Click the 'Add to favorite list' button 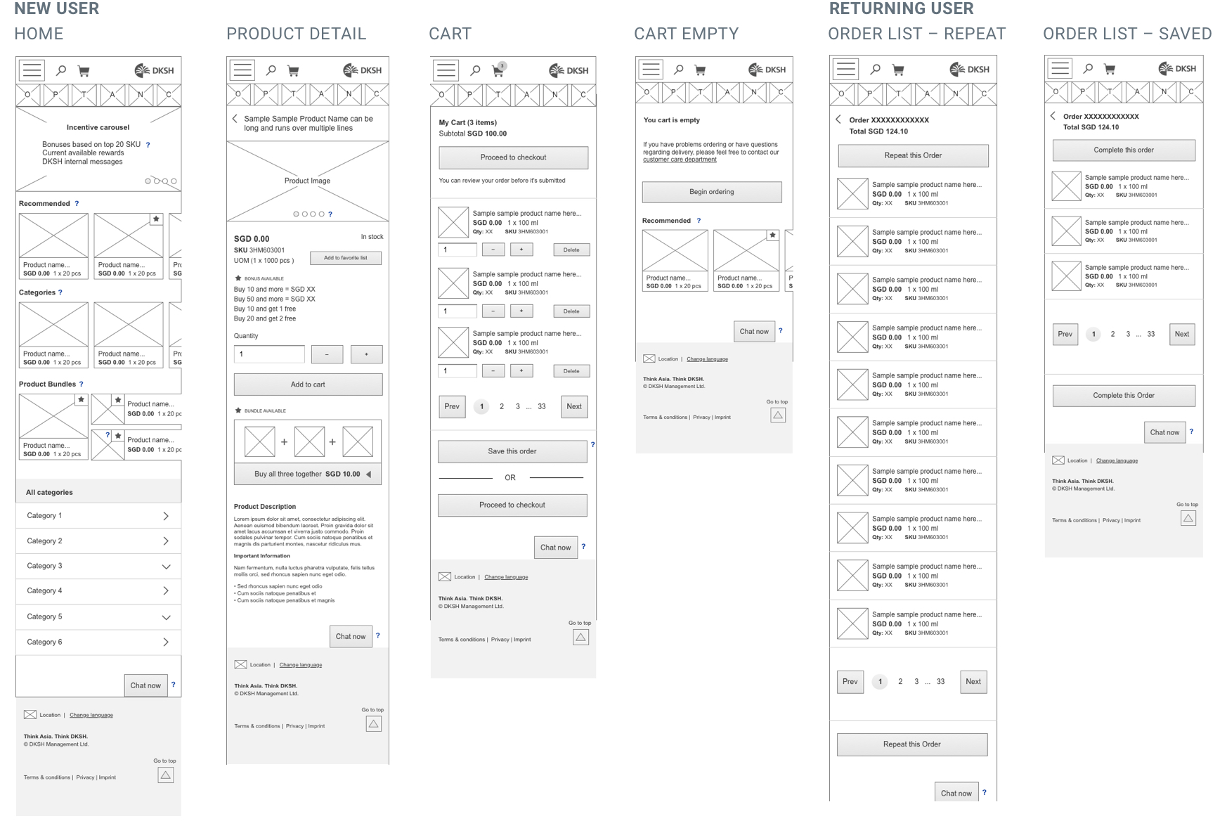click(346, 258)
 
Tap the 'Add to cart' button click(308, 384)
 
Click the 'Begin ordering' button click(711, 192)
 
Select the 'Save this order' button click(512, 451)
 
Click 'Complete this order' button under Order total click(1123, 150)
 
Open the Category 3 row click(98, 566)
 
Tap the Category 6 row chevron click(166, 642)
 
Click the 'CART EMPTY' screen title click(686, 34)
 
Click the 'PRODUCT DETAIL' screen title click(296, 34)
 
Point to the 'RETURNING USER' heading click(901, 8)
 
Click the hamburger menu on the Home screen click(32, 70)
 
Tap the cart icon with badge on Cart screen click(498, 70)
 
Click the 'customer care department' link click(680, 160)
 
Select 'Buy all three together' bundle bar click(308, 474)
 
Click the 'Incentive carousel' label click(98, 127)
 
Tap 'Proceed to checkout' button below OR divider click(512, 505)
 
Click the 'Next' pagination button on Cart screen click(574, 406)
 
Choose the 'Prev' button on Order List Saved click(1065, 334)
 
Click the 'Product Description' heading click(265, 506)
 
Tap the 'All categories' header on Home click(49, 492)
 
